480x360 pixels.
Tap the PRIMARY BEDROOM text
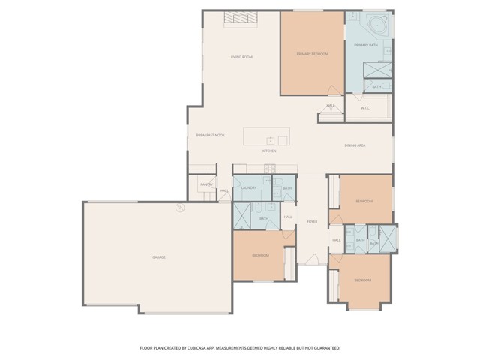(x=312, y=54)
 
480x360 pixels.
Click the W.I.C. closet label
(x=365, y=108)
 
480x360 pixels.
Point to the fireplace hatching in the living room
(x=242, y=19)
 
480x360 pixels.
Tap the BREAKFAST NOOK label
(x=210, y=135)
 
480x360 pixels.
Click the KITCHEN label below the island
(x=269, y=151)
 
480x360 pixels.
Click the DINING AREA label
(x=355, y=145)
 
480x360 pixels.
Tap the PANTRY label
(x=206, y=184)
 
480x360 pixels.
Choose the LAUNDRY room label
(x=250, y=188)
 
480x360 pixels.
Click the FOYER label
(x=312, y=222)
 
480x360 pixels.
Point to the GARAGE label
(x=159, y=257)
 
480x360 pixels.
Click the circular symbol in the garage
(x=179, y=208)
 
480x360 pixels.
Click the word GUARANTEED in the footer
(x=326, y=348)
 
